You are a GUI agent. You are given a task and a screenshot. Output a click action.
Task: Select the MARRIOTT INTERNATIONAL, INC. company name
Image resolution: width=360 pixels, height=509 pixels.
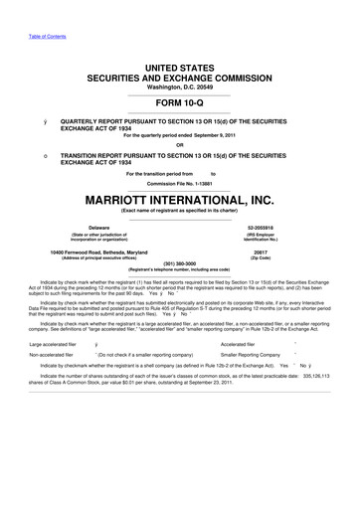pos(180,198)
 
